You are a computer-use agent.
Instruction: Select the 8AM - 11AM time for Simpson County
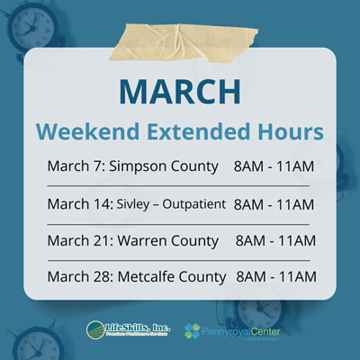pos(273,166)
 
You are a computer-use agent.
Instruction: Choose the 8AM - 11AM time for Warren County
pos(274,240)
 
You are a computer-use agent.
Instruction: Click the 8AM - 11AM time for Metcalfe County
pos(275,276)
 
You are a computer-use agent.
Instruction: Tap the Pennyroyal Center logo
pos(229,330)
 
